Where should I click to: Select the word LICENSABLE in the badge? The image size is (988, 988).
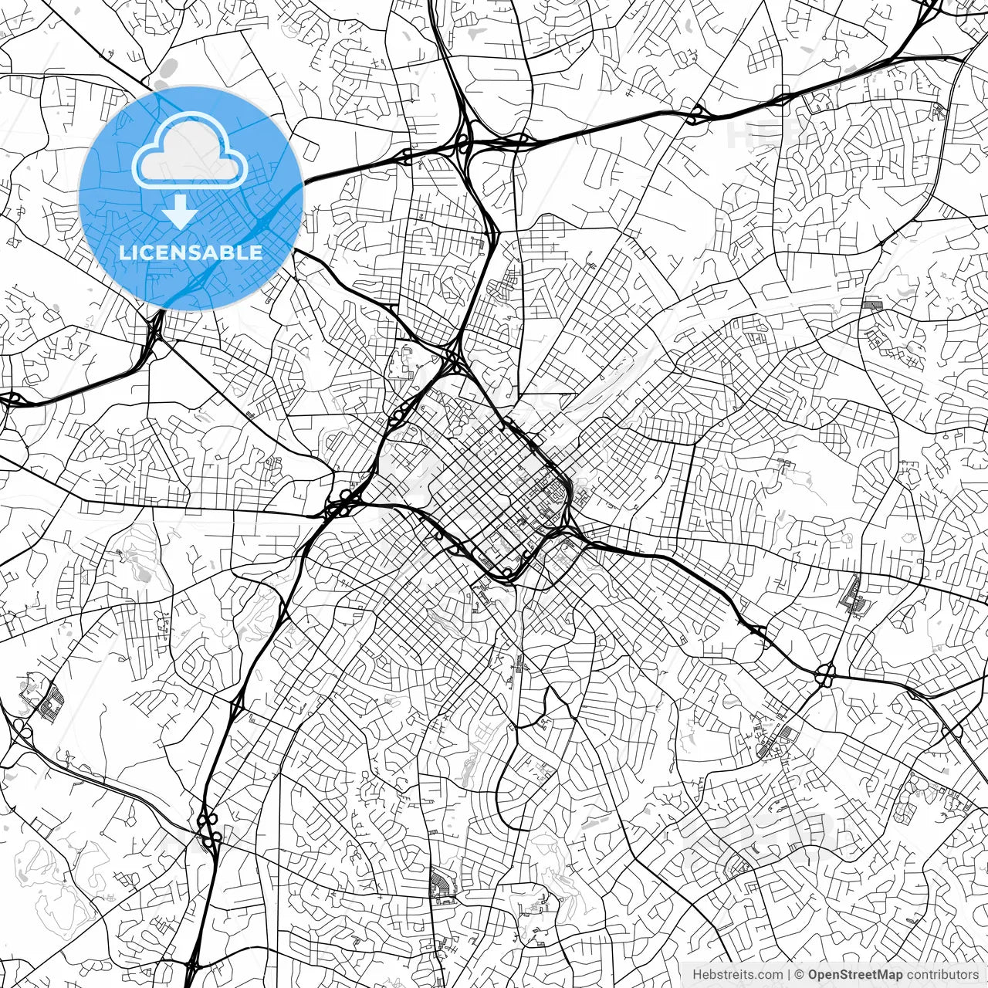click(191, 252)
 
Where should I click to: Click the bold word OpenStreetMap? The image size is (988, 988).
click(855, 974)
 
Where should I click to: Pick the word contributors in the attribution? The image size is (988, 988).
click(942, 974)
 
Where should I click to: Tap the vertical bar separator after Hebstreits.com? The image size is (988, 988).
click(789, 974)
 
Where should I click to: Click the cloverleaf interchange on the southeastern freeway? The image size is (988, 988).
click(826, 673)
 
